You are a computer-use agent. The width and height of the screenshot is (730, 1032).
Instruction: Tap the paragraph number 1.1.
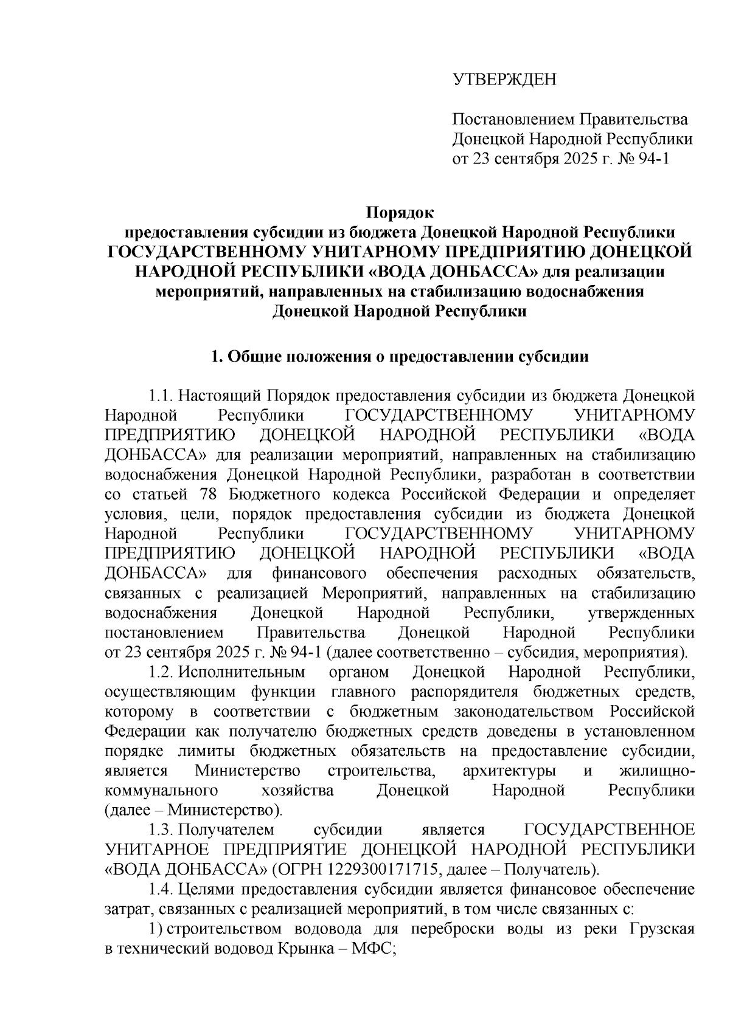[x=162, y=396]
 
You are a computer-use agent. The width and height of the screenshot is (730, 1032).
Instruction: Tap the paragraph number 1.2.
[x=162, y=673]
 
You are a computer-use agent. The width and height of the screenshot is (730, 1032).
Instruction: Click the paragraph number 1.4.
[x=162, y=890]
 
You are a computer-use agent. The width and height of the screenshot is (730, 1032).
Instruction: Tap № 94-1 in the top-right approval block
[x=647, y=159]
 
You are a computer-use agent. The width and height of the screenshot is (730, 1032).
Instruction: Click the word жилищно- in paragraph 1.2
[x=656, y=771]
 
